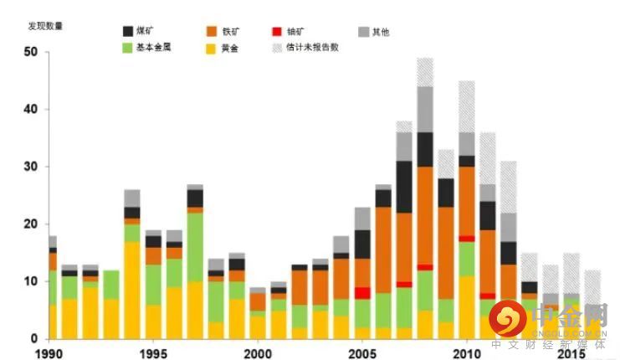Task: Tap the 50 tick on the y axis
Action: (31, 52)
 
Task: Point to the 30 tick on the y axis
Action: (31, 167)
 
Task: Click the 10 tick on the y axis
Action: (31, 281)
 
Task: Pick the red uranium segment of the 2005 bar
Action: (362, 293)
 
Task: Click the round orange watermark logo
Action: (509, 318)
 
